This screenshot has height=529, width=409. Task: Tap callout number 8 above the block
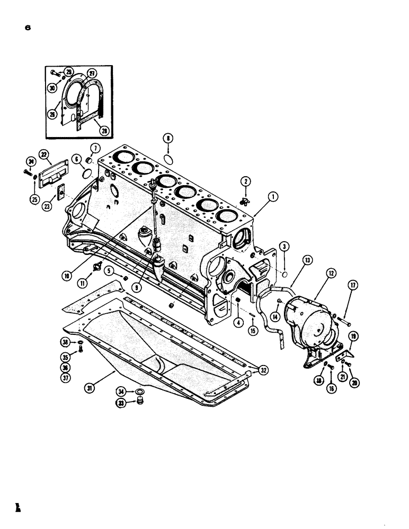click(168, 140)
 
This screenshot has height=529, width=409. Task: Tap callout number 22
click(43, 154)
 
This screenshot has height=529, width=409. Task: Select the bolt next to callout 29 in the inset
click(55, 72)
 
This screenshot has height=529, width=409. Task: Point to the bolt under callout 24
click(28, 171)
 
